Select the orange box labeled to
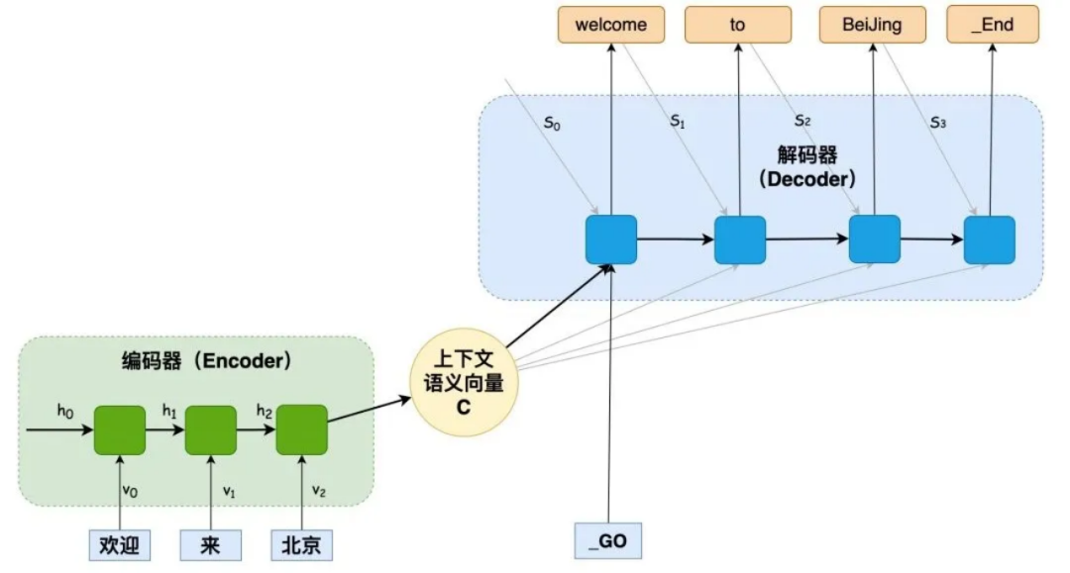click(x=738, y=25)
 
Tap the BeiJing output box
click(x=873, y=25)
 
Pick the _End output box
click(x=992, y=25)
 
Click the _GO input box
click(x=608, y=540)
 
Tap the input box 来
click(x=211, y=545)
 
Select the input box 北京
click(x=302, y=545)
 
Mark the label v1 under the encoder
click(x=229, y=491)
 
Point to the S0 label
click(x=553, y=125)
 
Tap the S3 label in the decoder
click(x=937, y=124)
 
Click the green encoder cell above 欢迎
click(x=120, y=430)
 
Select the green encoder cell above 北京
click(x=302, y=430)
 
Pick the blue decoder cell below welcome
click(x=610, y=239)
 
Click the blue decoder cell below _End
click(x=990, y=240)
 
